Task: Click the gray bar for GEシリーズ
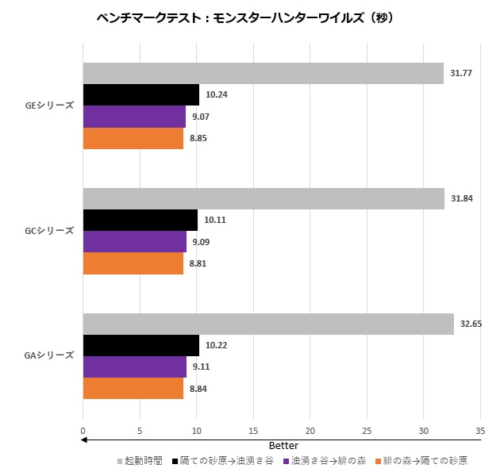[x=263, y=73]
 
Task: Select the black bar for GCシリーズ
[x=140, y=220]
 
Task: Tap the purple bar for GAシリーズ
[x=134, y=367]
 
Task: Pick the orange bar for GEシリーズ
[x=133, y=139]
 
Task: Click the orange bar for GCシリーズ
[x=133, y=263]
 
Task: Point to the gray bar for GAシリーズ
[x=268, y=324]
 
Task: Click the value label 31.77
[x=461, y=73]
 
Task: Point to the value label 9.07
[x=201, y=117]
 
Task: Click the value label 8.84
[x=198, y=389]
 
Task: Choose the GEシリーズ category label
[x=49, y=106]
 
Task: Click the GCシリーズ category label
[x=49, y=231]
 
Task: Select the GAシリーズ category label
[x=49, y=355]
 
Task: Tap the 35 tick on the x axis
[x=479, y=432]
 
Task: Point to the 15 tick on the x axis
[x=252, y=432]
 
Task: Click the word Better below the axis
[x=283, y=446]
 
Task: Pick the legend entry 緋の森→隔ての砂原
[x=425, y=460]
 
